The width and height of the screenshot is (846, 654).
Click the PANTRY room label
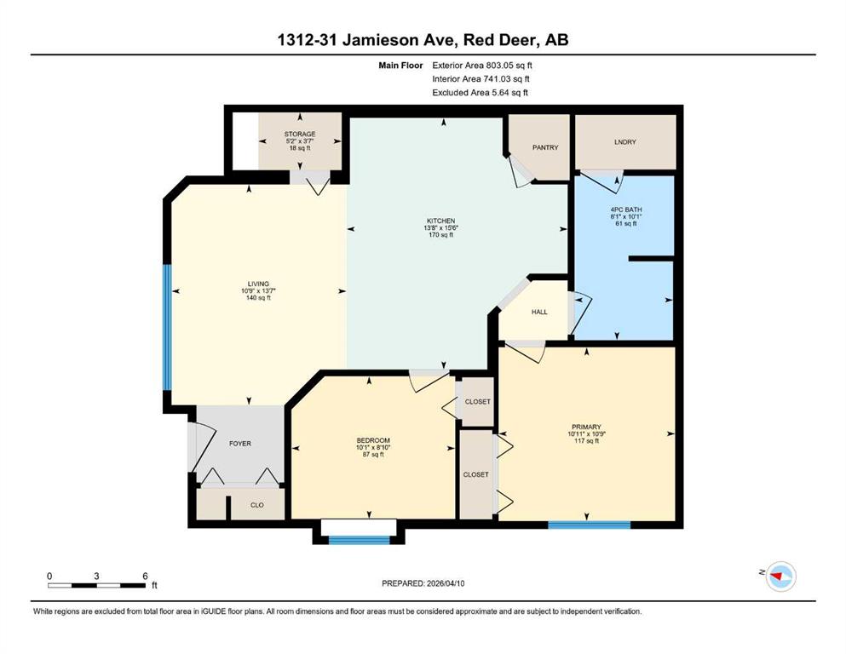pyautogui.click(x=545, y=147)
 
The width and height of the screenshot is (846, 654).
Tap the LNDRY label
pyautogui.click(x=624, y=142)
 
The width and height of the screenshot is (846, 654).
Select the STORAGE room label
pyautogui.click(x=300, y=134)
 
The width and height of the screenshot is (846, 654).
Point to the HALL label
pyautogui.click(x=539, y=312)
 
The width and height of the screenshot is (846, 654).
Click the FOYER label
pyautogui.click(x=240, y=443)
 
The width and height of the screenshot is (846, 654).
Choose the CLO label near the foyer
pyautogui.click(x=256, y=505)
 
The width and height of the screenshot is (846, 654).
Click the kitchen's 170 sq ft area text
pyautogui.click(x=440, y=235)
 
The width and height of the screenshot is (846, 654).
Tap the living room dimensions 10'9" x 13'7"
pyautogui.click(x=258, y=290)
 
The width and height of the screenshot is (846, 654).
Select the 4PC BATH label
pyautogui.click(x=626, y=209)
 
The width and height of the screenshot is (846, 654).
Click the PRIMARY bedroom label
pyautogui.click(x=586, y=427)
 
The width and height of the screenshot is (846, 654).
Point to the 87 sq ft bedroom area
pyautogui.click(x=373, y=455)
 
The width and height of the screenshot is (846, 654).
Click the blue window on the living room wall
pyautogui.click(x=167, y=327)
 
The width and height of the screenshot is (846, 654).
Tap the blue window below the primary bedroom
pyautogui.click(x=590, y=525)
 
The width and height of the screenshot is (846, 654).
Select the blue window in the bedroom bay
pyautogui.click(x=359, y=540)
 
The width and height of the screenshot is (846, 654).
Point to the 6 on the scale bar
pyautogui.click(x=145, y=576)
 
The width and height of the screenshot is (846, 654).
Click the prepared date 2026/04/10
pyautogui.click(x=445, y=583)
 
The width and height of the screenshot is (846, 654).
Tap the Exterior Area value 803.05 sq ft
pyautogui.click(x=509, y=66)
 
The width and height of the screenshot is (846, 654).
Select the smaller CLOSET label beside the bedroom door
pyautogui.click(x=477, y=401)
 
